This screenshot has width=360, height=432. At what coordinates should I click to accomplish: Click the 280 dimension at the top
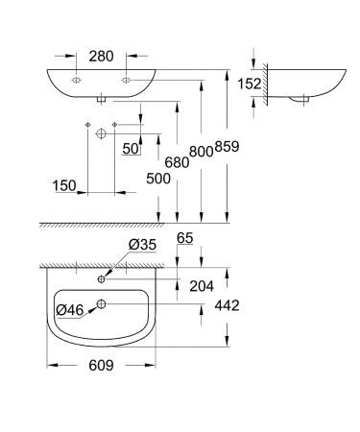pos(100,57)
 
